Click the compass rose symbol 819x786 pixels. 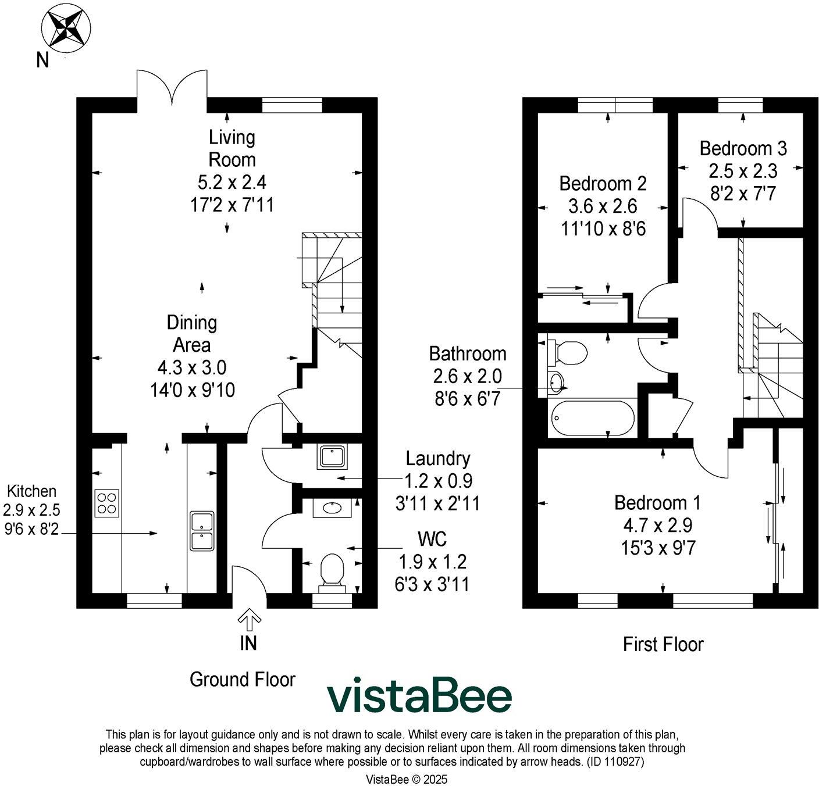[x=66, y=28]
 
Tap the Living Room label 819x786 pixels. [x=232, y=148]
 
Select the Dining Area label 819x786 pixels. [x=192, y=334]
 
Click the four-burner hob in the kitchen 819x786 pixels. [x=107, y=503]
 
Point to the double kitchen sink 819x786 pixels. [x=202, y=530]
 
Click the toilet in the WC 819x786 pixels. [x=332, y=569]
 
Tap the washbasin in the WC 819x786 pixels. [x=333, y=508]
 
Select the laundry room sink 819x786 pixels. [x=333, y=457]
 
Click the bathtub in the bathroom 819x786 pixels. [x=592, y=418]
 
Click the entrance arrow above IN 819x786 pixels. [x=249, y=620]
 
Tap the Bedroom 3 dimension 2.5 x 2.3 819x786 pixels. [x=743, y=171]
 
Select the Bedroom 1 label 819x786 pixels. [x=657, y=502]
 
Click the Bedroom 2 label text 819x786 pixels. [x=603, y=183]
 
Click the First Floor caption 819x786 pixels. [x=663, y=644]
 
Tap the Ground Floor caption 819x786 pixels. [x=243, y=679]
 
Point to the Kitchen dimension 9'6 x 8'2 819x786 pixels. [x=31, y=529]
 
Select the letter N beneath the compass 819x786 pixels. [x=42, y=60]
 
